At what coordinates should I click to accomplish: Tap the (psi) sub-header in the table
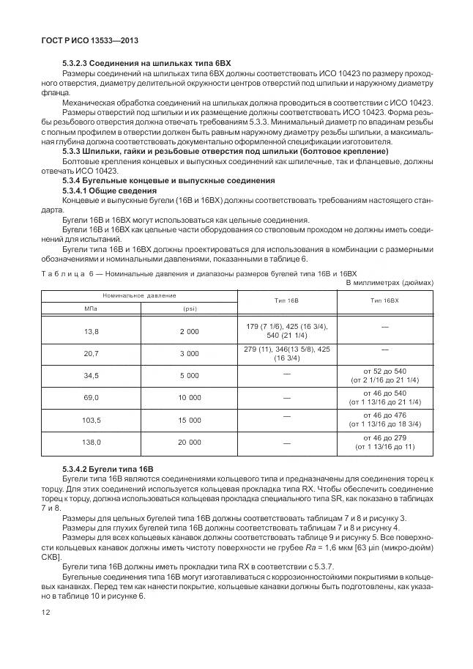(x=189, y=308)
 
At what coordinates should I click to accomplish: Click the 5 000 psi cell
(x=189, y=375)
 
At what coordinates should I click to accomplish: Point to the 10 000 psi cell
(x=189, y=397)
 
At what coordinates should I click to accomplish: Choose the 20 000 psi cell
(x=189, y=442)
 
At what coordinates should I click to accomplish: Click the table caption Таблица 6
(x=64, y=272)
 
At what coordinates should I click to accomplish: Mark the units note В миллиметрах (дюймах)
(x=390, y=282)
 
